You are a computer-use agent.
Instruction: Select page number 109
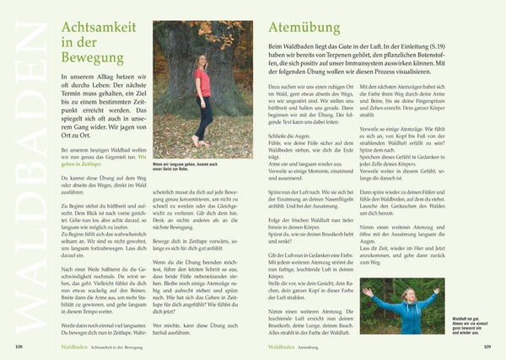point(487,346)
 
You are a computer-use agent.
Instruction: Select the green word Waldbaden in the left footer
point(57,346)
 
